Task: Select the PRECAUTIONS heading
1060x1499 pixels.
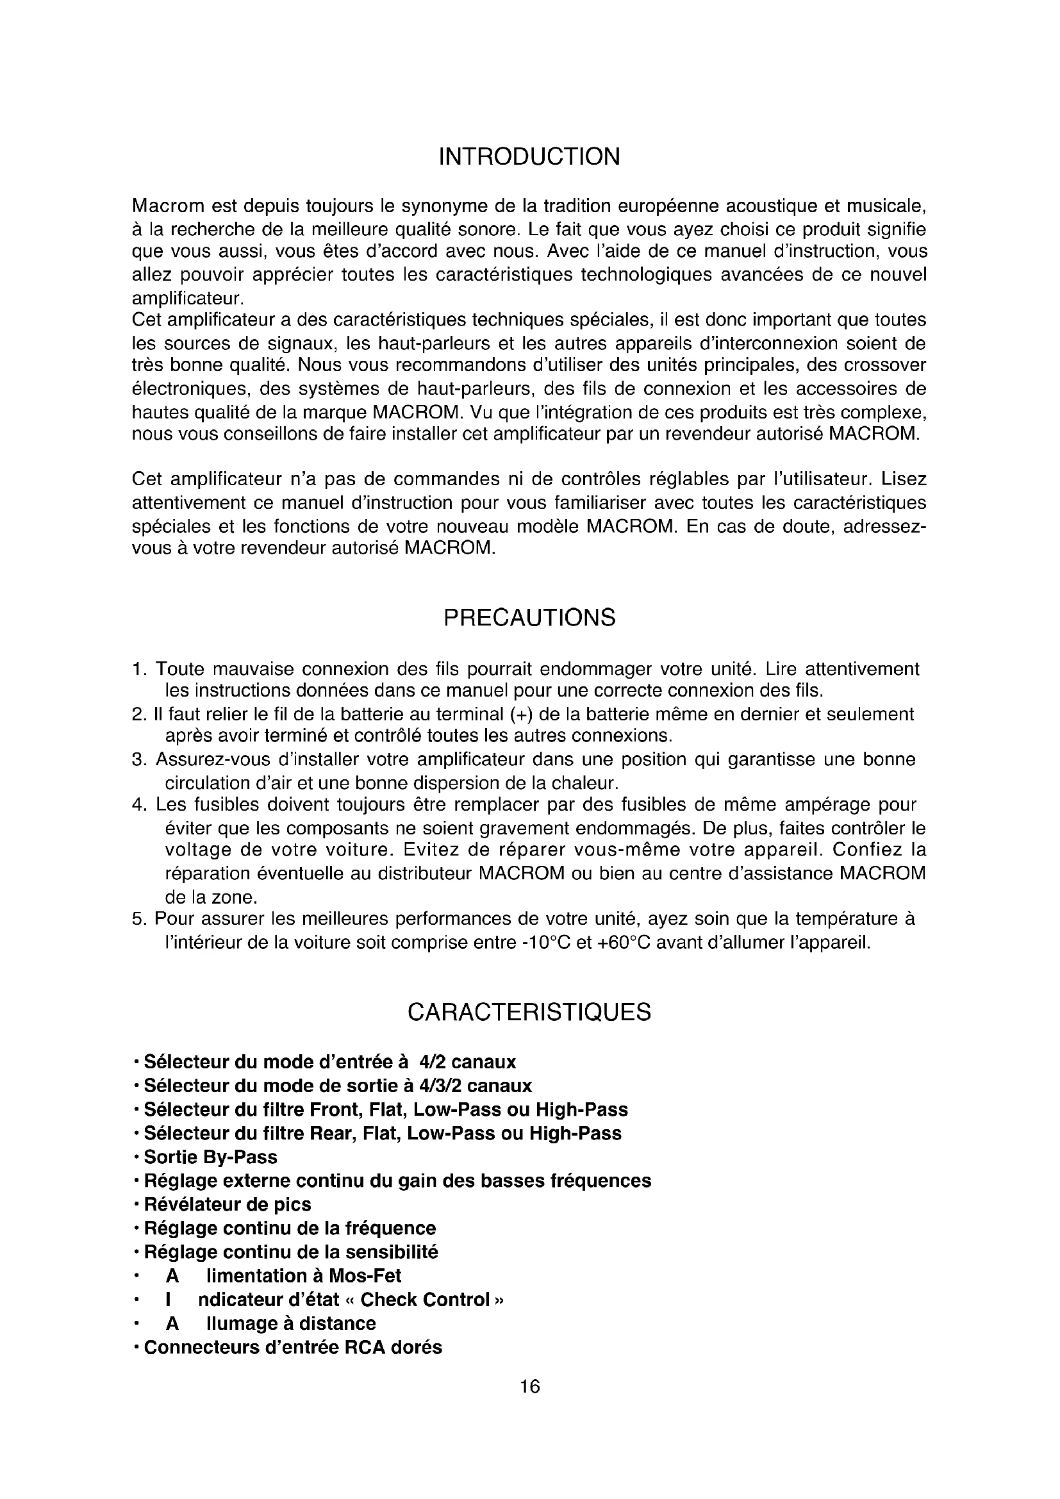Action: [x=529, y=618]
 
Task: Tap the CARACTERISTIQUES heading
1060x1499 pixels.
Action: [x=529, y=1013]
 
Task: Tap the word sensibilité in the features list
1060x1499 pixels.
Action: [x=392, y=1252]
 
